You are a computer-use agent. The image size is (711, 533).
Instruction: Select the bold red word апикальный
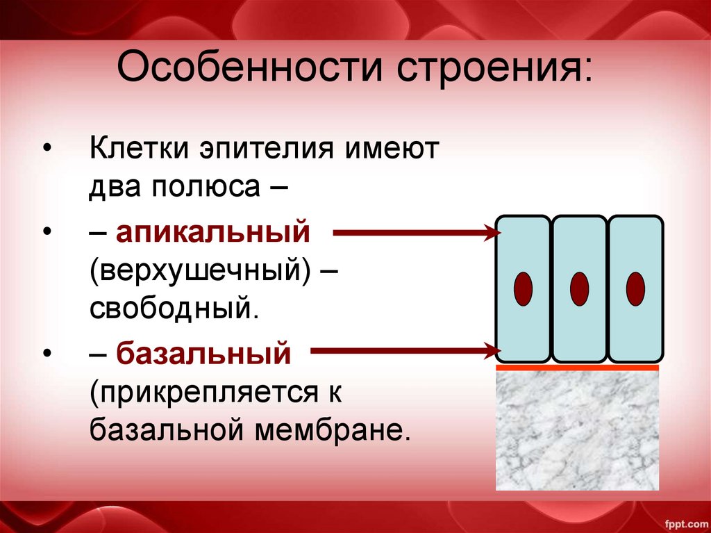tap(212, 233)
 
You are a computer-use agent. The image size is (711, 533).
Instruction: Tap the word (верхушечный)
tap(199, 271)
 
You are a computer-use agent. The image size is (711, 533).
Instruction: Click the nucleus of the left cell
tap(522, 288)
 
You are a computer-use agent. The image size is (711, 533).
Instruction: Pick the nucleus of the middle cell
tap(579, 288)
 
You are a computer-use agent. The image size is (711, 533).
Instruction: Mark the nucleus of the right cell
tap(635, 288)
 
